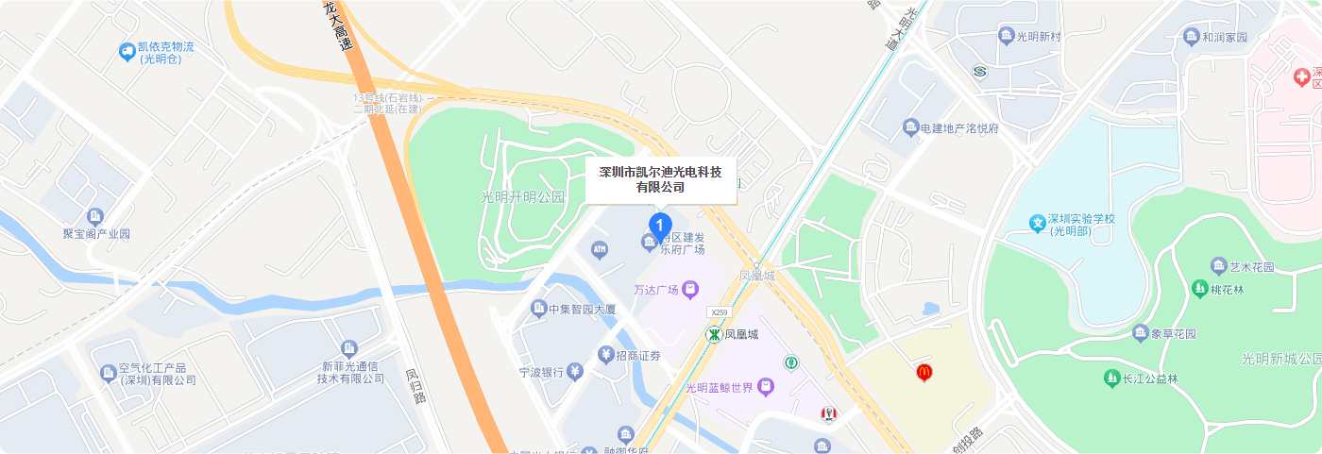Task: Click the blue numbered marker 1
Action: (x=660, y=225)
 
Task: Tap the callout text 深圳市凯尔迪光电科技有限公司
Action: (x=660, y=179)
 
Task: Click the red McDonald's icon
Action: (x=924, y=373)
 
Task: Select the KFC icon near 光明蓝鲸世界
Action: (x=828, y=414)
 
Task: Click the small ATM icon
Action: (x=599, y=249)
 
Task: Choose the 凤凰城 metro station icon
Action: (x=715, y=334)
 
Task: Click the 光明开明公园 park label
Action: (x=522, y=197)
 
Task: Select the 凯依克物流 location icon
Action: (x=127, y=52)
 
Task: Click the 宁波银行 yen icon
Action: (x=574, y=372)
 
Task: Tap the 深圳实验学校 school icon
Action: (x=1038, y=225)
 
